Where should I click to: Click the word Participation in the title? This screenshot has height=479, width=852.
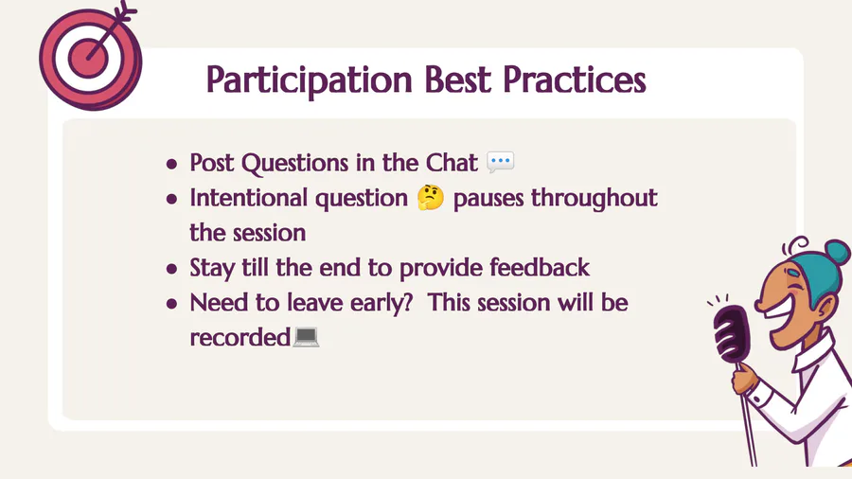(x=310, y=80)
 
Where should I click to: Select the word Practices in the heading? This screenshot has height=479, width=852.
(x=575, y=80)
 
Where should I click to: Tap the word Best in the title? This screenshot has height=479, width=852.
(x=457, y=80)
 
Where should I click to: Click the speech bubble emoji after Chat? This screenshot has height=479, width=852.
(x=501, y=163)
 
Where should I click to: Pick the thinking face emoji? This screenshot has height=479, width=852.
(x=431, y=198)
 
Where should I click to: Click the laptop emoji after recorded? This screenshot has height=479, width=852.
(x=306, y=337)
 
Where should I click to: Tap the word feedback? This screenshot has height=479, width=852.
(x=540, y=267)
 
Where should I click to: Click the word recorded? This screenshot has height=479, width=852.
(x=240, y=337)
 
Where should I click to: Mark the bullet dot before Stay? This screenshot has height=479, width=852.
(x=171, y=268)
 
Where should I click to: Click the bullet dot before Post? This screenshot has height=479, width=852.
(x=171, y=164)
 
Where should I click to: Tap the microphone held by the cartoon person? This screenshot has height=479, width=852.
(x=732, y=334)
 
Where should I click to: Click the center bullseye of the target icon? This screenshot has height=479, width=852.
(x=88, y=58)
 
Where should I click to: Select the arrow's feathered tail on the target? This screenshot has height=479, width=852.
(x=126, y=10)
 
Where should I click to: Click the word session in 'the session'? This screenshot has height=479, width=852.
(x=269, y=233)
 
